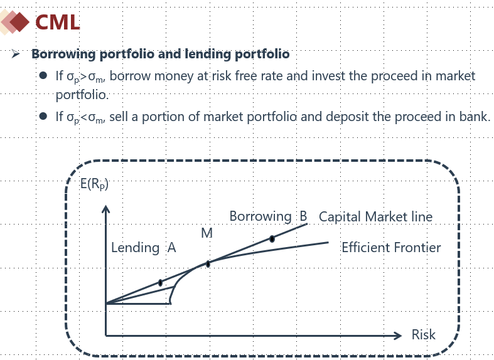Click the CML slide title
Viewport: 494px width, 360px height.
coord(57,23)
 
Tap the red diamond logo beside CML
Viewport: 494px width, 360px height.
coord(19,22)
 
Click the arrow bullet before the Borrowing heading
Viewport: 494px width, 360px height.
coord(15,54)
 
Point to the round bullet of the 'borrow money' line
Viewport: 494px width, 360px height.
coord(43,75)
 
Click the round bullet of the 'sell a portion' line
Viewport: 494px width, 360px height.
coord(43,117)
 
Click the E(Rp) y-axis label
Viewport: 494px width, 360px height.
coord(94,184)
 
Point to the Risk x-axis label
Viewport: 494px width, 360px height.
coord(424,334)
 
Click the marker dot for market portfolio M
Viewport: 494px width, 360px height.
coord(208,264)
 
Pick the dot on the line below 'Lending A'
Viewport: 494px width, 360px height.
coord(160,283)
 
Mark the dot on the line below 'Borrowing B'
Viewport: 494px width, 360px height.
coord(272,239)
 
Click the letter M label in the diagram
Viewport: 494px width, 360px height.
coord(207,233)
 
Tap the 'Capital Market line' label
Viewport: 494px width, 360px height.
coord(375,216)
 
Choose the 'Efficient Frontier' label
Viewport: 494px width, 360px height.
coord(391,247)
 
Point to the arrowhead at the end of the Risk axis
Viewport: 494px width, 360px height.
coord(398,336)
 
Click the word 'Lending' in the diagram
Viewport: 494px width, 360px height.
coord(135,248)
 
